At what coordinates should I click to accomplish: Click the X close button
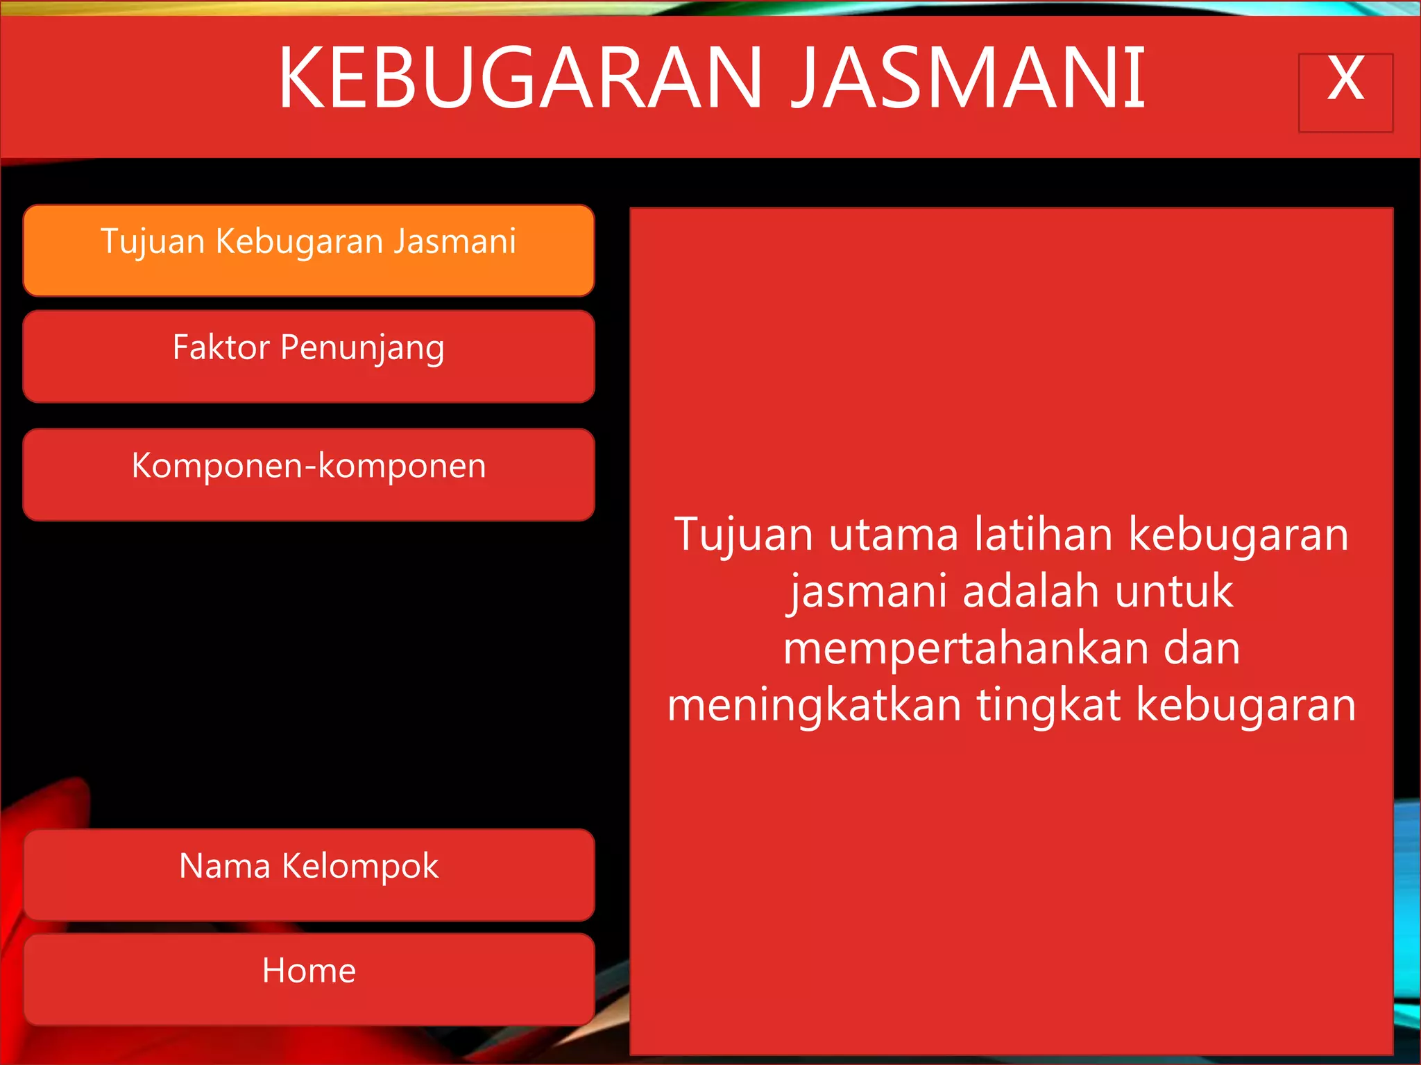(x=1345, y=92)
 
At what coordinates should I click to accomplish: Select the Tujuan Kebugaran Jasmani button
(x=309, y=250)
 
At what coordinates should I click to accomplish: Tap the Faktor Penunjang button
(x=309, y=356)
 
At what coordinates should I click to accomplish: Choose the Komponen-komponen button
(x=309, y=474)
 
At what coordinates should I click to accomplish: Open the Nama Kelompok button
(x=309, y=874)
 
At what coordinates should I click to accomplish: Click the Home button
(x=309, y=978)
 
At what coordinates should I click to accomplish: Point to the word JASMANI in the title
(x=969, y=78)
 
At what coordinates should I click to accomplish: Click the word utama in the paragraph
(x=894, y=535)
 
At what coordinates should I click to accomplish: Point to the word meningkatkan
(x=814, y=706)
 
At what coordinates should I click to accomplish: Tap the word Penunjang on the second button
(x=362, y=349)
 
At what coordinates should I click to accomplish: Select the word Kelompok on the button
(x=360, y=867)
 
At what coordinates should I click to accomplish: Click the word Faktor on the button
(x=221, y=347)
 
